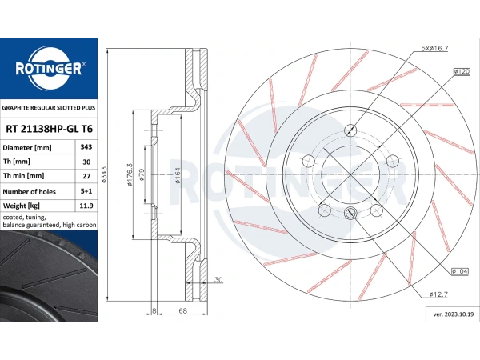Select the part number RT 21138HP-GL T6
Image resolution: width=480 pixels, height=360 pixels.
click(49, 129)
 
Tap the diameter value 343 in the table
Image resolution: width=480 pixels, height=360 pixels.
click(86, 147)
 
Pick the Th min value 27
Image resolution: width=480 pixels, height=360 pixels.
click(86, 176)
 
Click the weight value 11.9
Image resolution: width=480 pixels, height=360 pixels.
click(86, 206)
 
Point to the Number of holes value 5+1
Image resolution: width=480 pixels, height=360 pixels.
click(86, 191)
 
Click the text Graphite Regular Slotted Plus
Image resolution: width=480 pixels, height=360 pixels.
click(49, 108)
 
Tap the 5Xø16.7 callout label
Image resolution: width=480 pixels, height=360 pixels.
click(434, 48)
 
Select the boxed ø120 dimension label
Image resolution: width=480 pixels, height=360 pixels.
click(462, 72)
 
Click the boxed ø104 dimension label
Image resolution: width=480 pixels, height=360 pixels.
click(460, 271)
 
